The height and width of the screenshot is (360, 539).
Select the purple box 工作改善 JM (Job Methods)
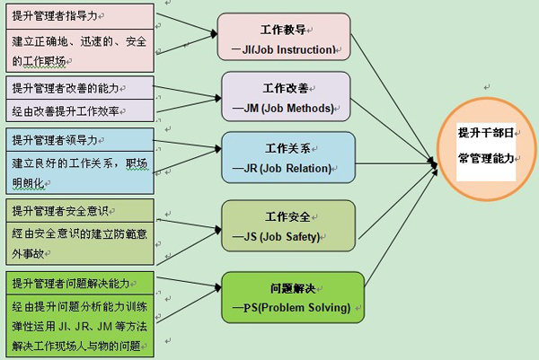[285, 97]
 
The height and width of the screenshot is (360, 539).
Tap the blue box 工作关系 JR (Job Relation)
[288, 157]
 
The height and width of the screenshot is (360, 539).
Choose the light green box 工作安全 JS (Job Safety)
[288, 225]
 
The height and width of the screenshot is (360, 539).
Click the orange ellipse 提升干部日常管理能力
[486, 145]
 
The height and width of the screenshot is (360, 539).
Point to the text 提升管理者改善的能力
[66, 88]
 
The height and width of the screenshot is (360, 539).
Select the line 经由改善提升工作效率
[66, 110]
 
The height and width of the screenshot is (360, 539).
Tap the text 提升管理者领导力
[55, 140]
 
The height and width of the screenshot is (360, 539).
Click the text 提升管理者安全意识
[60, 211]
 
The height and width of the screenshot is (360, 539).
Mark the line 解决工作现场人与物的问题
[76, 346]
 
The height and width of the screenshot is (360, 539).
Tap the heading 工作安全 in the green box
[288, 217]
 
